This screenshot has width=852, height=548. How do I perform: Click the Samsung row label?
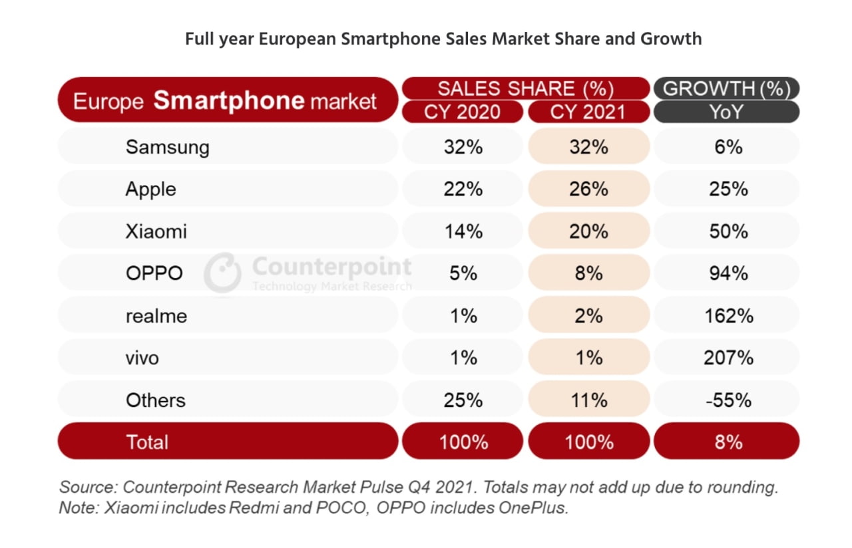coord(167,147)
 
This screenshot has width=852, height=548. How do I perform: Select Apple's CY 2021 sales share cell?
coord(588,189)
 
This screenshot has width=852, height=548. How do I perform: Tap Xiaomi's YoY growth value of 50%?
coord(728,231)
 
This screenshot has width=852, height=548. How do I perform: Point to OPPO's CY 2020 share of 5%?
coord(463,273)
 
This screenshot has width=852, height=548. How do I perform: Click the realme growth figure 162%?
coord(728,316)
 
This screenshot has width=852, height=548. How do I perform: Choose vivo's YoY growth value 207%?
coord(728,358)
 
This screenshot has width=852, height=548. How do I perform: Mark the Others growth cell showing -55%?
coord(728,400)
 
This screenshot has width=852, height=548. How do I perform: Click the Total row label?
coord(148,442)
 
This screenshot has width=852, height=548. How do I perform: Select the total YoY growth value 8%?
coord(728,442)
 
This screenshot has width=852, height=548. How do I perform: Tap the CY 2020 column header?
coord(463,112)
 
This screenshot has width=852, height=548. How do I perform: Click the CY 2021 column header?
coord(588,112)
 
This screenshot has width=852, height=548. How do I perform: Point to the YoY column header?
coord(727,112)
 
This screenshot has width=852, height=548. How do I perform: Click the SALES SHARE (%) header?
coord(525,88)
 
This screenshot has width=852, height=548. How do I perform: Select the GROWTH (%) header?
coord(727,88)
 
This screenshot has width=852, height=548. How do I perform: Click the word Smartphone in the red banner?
coord(229,100)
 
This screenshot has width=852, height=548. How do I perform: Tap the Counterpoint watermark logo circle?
coord(222,273)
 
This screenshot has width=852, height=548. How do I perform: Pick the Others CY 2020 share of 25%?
coord(463,400)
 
